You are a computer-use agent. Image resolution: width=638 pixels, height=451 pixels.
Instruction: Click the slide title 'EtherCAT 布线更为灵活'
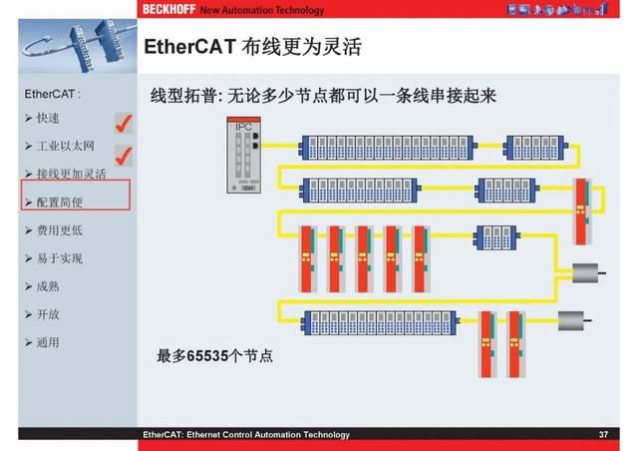tap(251, 48)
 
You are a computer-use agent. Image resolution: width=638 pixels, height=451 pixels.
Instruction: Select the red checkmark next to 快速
tap(125, 123)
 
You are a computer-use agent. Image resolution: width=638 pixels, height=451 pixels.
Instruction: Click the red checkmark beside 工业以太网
tap(125, 155)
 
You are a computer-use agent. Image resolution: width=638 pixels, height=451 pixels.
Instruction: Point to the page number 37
tap(603, 435)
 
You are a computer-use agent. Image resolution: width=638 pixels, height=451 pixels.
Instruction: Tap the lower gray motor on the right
tap(574, 321)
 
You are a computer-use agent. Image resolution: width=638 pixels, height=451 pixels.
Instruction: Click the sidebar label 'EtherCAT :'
tap(52, 95)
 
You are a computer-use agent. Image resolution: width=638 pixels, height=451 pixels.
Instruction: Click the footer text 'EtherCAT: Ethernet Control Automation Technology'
tap(246, 435)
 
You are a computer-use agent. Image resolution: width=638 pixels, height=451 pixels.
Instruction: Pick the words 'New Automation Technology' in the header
tap(262, 10)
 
